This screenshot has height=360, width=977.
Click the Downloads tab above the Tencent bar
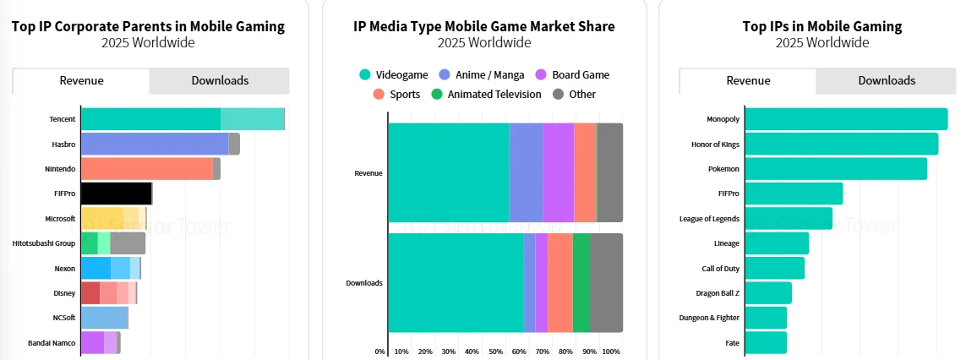220,81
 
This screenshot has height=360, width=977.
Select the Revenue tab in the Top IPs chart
747,81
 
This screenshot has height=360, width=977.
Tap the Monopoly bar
846,119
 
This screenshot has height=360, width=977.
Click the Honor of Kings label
715,145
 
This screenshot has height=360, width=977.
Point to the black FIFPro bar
116,194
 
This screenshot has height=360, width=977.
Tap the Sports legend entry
397,95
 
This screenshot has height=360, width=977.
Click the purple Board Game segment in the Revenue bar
558,172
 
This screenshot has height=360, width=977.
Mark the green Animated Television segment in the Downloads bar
581,282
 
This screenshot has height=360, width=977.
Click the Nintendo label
60,169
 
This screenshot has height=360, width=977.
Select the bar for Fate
766,342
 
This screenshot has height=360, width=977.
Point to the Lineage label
727,243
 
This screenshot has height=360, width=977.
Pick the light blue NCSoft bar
104,318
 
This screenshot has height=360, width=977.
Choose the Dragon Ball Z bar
768,293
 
